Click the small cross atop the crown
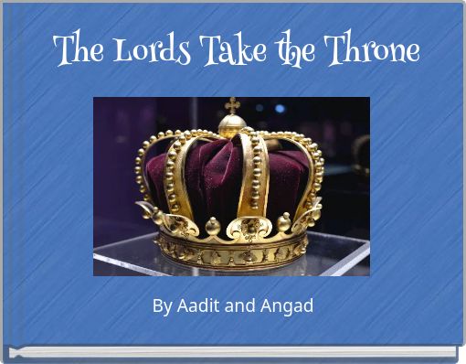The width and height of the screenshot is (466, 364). point(232,104)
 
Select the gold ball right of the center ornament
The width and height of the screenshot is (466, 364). point(283,221)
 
